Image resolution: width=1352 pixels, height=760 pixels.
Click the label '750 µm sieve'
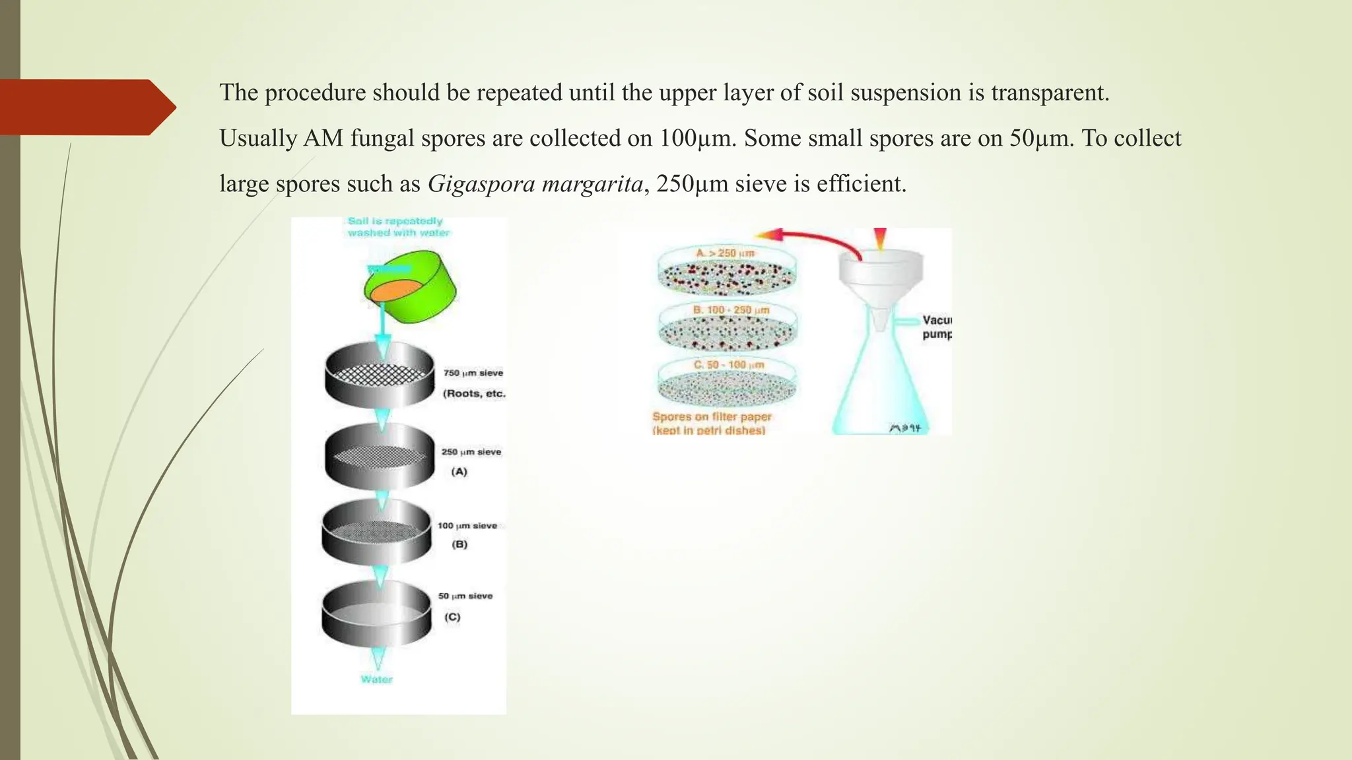473,373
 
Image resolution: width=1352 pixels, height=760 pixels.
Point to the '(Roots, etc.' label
474,394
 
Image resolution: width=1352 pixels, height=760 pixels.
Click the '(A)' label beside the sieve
459,472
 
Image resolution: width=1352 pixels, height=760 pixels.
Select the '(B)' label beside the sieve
459,545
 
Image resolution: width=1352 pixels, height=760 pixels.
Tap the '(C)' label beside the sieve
452,617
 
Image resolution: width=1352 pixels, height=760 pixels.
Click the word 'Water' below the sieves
376,680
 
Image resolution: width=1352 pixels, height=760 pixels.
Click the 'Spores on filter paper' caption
712,417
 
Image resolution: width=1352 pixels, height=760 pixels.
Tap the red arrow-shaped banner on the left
86,107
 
